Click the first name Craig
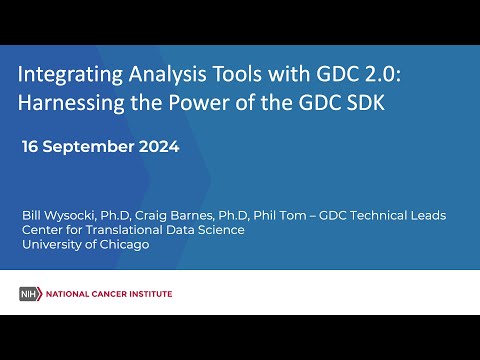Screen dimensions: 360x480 tap(161, 215)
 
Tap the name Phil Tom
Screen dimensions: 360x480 tap(297, 215)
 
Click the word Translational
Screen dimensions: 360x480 tap(138, 230)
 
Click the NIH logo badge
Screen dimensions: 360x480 tap(31, 293)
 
